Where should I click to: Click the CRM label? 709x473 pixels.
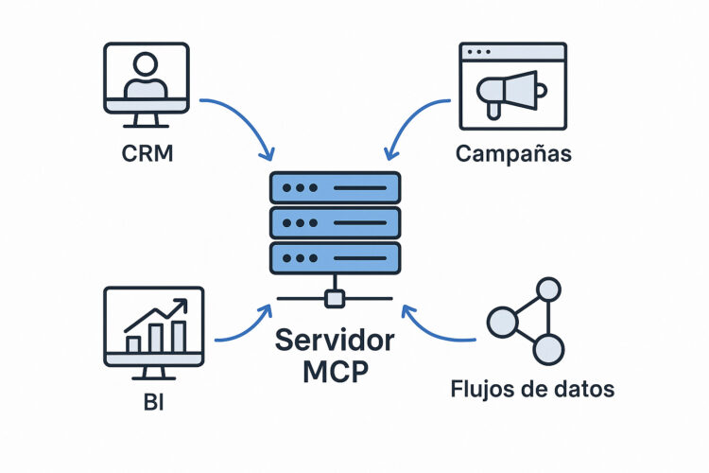coord(147,151)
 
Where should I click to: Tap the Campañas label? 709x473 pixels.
coord(513,152)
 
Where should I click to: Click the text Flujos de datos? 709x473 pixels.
coord(531,388)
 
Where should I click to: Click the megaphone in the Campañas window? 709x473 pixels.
coord(511,92)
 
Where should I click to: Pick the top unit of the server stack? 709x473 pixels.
coord(335,188)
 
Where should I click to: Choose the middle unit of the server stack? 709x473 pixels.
coord(335,223)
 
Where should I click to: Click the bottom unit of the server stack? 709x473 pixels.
coord(335,258)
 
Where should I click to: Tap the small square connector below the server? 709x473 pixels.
coord(334,300)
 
